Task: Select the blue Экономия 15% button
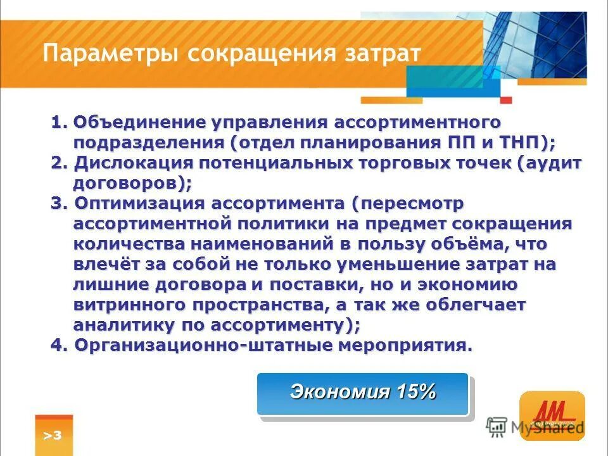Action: tap(362, 393)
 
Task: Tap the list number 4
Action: tap(56, 346)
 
